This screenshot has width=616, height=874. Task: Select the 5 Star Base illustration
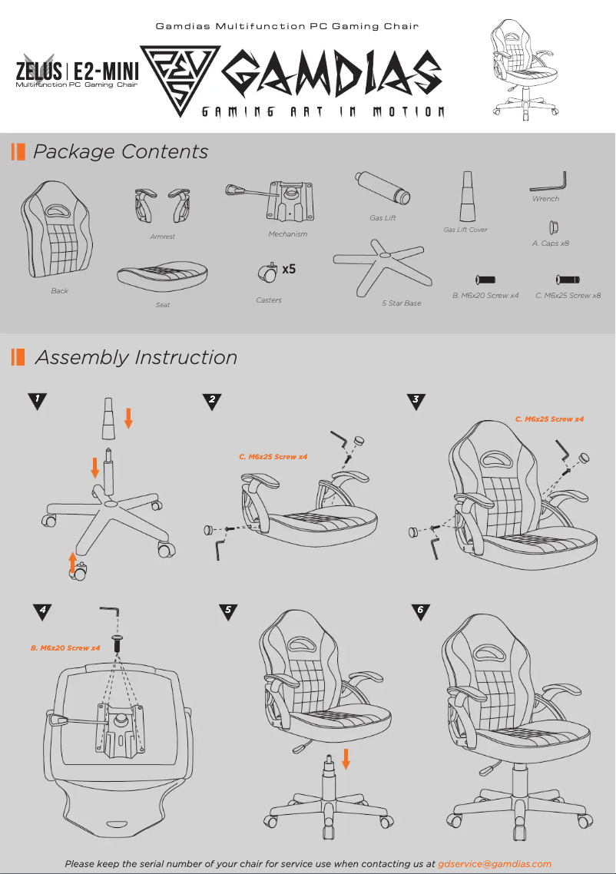pyautogui.click(x=381, y=266)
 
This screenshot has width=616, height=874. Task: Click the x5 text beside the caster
pyautogui.click(x=289, y=270)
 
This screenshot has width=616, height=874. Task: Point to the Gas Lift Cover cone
pyautogui.click(x=467, y=197)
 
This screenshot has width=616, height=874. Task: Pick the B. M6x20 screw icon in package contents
pyautogui.click(x=485, y=280)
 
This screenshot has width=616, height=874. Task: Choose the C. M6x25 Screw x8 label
pyautogui.click(x=568, y=296)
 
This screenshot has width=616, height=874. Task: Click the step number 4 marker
pyautogui.click(x=43, y=611)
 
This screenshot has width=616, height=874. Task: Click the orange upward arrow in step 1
pyautogui.click(x=73, y=563)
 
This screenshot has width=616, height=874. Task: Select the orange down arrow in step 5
pyautogui.click(x=346, y=759)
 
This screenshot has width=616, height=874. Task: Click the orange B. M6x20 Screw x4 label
pyautogui.click(x=65, y=648)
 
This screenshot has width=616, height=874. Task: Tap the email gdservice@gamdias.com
pyautogui.click(x=495, y=864)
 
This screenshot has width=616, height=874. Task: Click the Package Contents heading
pyautogui.click(x=121, y=151)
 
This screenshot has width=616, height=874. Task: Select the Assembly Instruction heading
pyautogui.click(x=136, y=357)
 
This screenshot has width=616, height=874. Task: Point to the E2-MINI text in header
pyautogui.click(x=106, y=72)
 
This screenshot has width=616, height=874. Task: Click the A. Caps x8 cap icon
pyautogui.click(x=551, y=227)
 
